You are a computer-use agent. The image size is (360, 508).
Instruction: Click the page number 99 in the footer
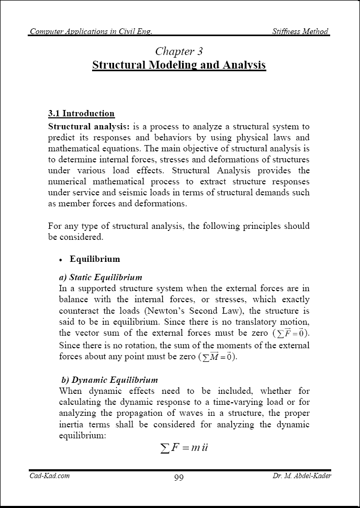178,478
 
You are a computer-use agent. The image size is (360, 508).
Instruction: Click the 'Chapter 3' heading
179,51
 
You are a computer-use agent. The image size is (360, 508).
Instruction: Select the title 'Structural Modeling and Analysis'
179,65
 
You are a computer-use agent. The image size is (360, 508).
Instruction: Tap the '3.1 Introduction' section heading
81,113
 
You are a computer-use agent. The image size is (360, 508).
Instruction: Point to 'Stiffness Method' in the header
300,31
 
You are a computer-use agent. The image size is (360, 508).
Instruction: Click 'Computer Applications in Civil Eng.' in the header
91,31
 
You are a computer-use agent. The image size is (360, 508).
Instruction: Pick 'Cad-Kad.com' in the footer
50,476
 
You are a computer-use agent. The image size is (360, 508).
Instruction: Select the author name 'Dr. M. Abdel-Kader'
302,476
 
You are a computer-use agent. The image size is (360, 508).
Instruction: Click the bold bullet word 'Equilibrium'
95,259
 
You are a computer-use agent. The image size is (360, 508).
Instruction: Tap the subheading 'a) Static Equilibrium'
100,277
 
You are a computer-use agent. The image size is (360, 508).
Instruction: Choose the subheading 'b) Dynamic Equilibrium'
109,380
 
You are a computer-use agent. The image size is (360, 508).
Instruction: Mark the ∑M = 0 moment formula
217,357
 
